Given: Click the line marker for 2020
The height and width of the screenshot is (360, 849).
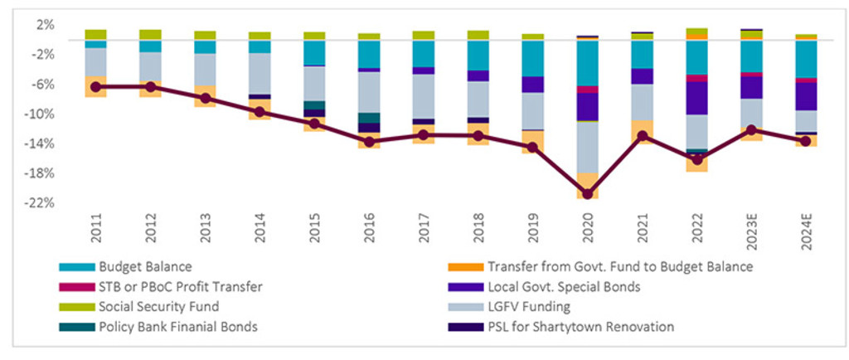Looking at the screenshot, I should [x=588, y=194].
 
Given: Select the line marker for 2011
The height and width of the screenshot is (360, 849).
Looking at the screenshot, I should [x=95, y=86].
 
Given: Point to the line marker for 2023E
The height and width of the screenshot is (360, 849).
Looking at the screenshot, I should [x=751, y=129].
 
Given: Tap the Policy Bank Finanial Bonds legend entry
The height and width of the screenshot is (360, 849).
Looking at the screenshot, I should [x=177, y=327].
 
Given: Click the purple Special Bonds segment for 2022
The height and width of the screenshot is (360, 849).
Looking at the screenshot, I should [x=696, y=98].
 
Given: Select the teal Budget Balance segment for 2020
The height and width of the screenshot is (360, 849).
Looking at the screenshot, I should [x=588, y=63].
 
